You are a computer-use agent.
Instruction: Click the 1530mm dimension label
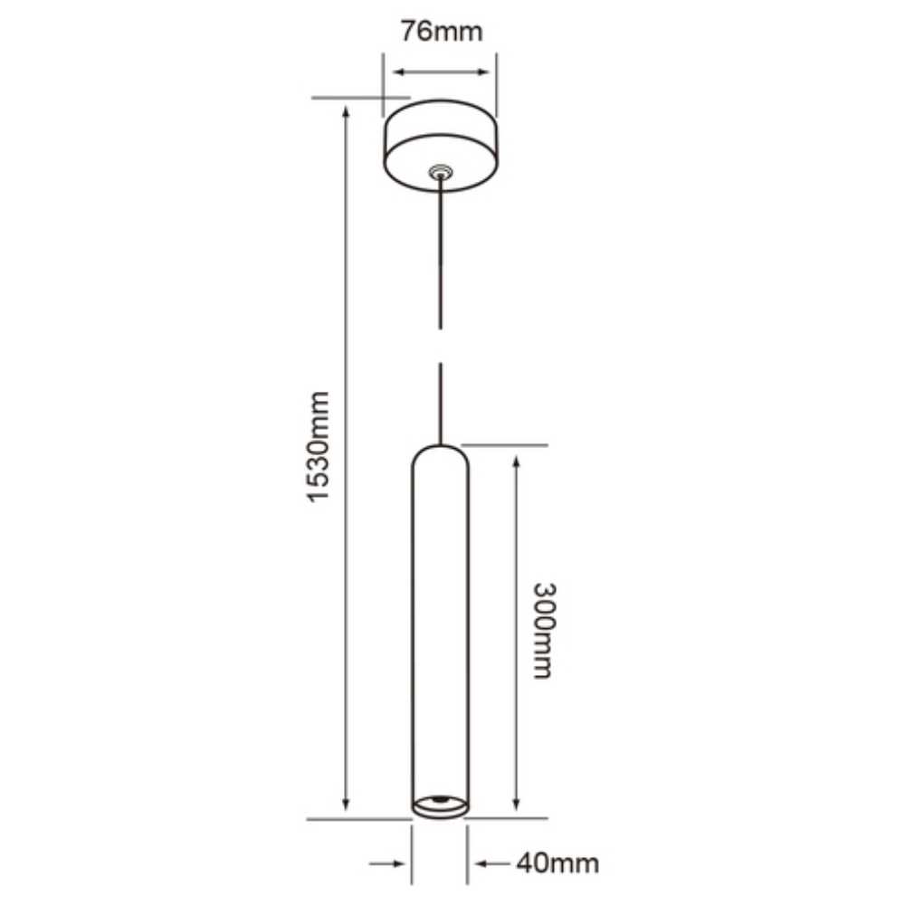318,447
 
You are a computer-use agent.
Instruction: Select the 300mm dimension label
541,629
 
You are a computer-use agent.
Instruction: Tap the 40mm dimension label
557,862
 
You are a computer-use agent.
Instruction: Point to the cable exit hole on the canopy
441,169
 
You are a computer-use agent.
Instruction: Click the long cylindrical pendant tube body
441,624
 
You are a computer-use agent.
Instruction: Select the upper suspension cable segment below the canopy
441,253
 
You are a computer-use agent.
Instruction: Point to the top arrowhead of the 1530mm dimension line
346,110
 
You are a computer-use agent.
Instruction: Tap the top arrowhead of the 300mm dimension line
516,462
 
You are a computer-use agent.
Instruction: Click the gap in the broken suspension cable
441,347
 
